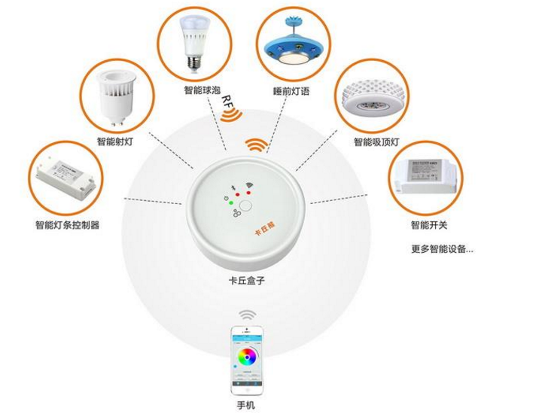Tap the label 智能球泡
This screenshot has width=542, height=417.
click(x=202, y=90)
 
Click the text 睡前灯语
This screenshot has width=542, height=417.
click(x=291, y=92)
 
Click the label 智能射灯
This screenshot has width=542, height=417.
click(x=115, y=142)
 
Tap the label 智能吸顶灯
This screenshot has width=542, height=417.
click(x=376, y=142)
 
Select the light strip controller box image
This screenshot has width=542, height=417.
click(x=65, y=178)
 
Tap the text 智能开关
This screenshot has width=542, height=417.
click(x=430, y=224)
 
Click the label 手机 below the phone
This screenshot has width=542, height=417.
click(x=246, y=406)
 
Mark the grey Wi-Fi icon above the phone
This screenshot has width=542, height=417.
click(x=246, y=313)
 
